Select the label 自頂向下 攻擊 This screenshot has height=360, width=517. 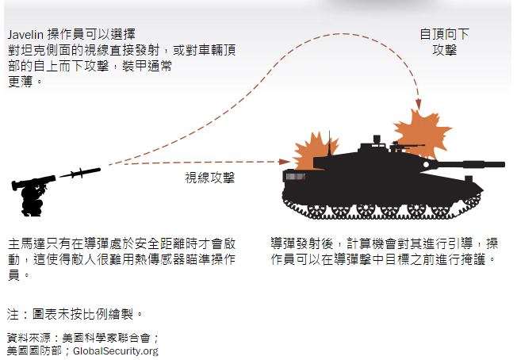444,42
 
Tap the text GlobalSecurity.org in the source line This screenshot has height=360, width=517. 116,350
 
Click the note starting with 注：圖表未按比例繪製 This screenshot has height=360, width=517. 75,313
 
